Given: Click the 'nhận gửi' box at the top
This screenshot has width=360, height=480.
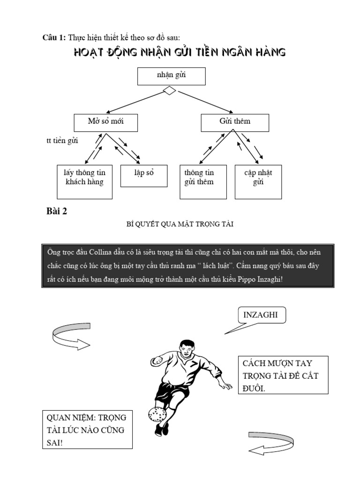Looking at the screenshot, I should [x=171, y=75].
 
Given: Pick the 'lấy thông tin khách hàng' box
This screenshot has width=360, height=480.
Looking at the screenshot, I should [x=85, y=181].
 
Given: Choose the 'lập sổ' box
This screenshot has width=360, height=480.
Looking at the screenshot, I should [x=144, y=175].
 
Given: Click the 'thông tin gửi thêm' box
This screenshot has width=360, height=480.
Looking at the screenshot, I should [x=203, y=181].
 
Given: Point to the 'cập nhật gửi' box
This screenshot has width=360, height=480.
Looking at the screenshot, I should [x=258, y=181].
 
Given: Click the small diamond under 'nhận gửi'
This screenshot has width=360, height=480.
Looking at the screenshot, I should [x=169, y=91].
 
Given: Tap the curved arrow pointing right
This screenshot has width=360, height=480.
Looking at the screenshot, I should [x=70, y=336].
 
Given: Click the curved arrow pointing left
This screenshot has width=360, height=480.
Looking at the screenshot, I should [x=271, y=443].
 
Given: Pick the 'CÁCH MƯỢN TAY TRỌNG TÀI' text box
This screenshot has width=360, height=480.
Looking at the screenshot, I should [x=283, y=375].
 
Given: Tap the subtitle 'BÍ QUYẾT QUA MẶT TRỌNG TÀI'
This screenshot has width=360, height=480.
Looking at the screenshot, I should [x=180, y=225].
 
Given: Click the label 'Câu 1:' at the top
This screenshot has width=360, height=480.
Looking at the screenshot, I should [x=54, y=37].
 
